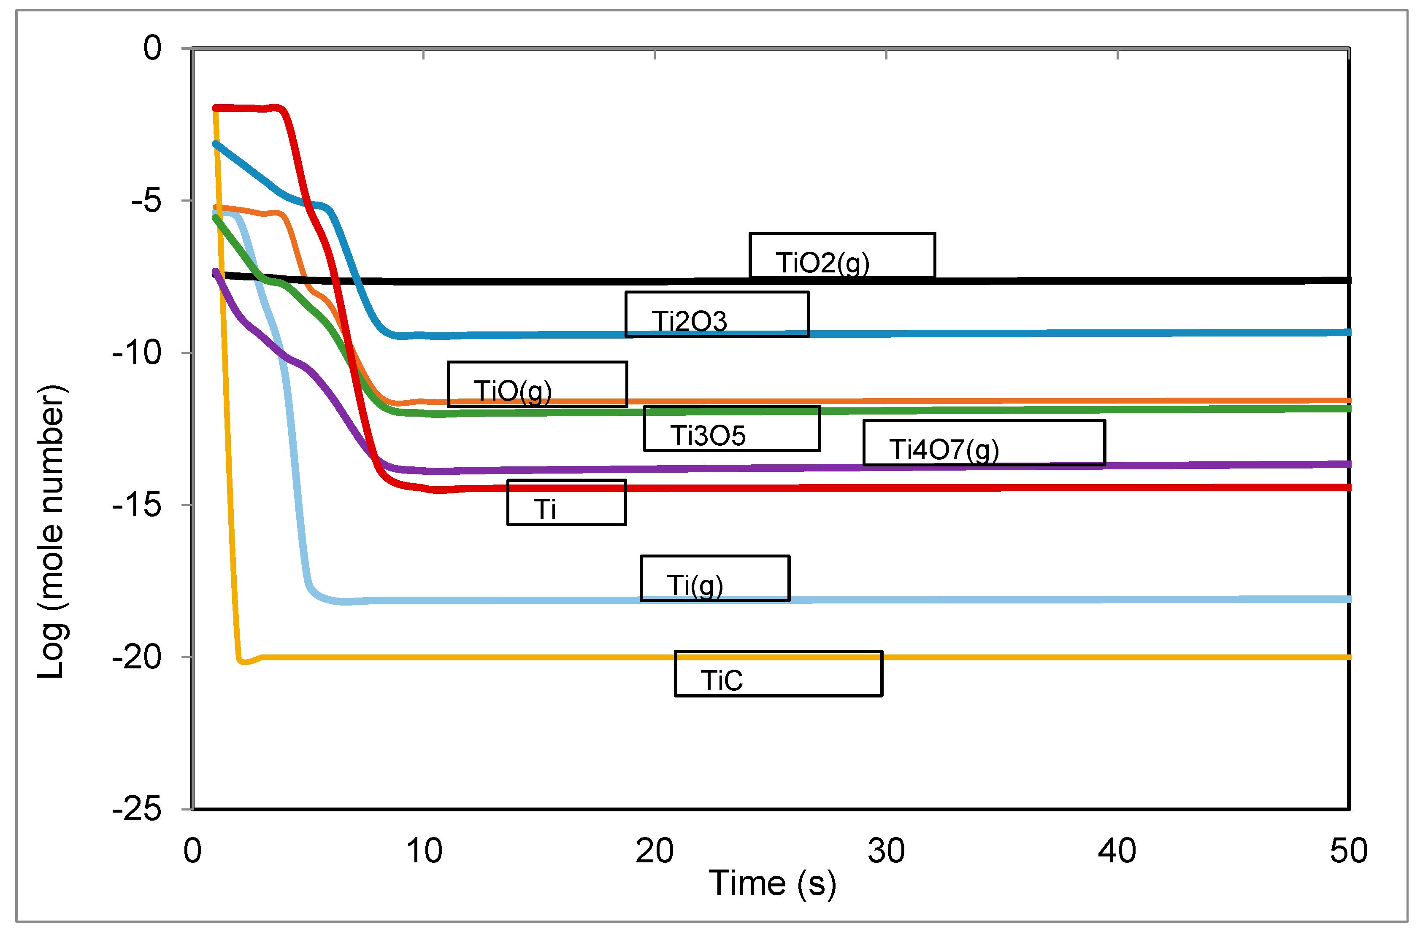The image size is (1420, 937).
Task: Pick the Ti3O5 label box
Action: pos(731,428)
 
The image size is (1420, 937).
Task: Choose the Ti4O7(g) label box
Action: pos(984,443)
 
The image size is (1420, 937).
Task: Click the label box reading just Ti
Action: pos(566,503)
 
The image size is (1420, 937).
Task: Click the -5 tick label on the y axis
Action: pos(146,200)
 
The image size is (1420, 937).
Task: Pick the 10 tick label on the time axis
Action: pos(424,851)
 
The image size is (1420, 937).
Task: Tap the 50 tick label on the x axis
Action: pos(1348,851)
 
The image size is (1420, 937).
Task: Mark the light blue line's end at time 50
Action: pos(1348,599)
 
